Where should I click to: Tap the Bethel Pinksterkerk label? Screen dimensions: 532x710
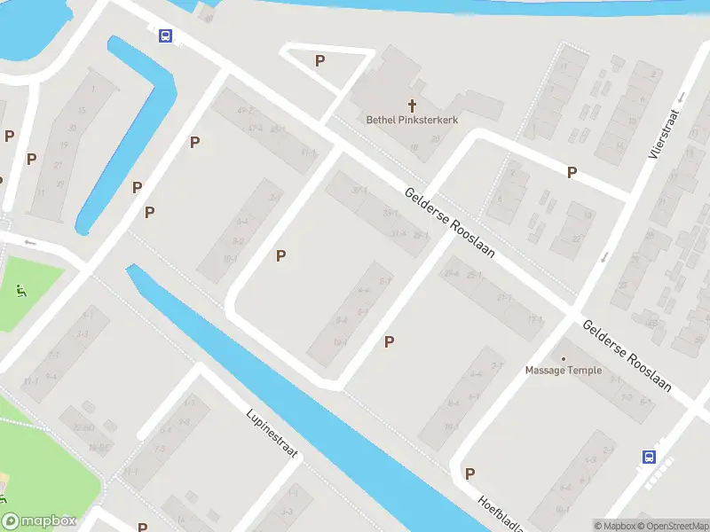click(x=412, y=120)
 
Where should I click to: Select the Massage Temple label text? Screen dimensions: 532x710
click(x=564, y=371)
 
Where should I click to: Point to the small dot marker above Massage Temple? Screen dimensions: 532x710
click(x=564, y=358)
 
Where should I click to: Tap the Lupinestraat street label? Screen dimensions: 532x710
click(x=273, y=433)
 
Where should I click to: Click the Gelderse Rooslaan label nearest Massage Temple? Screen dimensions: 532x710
click(x=627, y=356)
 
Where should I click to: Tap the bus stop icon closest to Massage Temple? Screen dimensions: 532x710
click(x=650, y=458)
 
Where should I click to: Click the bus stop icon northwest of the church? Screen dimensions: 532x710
click(x=165, y=35)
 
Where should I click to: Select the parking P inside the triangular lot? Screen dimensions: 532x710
click(x=320, y=60)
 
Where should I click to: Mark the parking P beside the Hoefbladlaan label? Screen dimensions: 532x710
click(x=469, y=473)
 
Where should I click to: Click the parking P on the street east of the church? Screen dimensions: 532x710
click(x=572, y=172)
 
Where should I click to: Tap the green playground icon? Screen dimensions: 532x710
click(x=20, y=289)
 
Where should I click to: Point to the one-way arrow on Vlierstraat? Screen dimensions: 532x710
click(x=603, y=257)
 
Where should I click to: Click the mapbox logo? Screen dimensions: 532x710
click(x=38, y=521)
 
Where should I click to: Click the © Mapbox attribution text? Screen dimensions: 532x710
click(x=616, y=526)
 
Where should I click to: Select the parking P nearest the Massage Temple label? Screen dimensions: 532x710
click(x=389, y=341)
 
